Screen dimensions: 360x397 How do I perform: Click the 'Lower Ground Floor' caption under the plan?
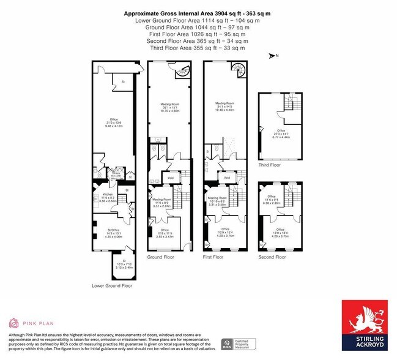click(112, 285)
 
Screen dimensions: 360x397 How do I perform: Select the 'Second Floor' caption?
click(272, 257)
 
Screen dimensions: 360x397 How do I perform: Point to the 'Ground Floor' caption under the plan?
click(161, 258)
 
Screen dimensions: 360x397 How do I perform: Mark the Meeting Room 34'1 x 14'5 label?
click(224, 105)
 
